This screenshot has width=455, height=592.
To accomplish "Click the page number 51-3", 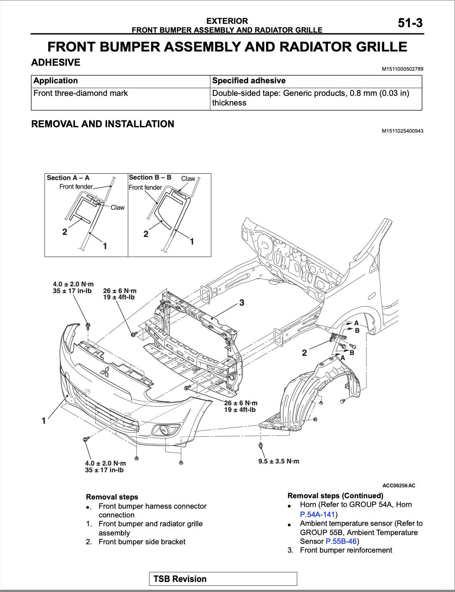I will click(x=410, y=23).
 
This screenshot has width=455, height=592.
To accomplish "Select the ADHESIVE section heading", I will click(x=56, y=62).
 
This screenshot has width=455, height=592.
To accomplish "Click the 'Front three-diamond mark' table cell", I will click(x=81, y=93).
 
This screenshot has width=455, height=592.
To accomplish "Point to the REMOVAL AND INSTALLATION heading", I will click(x=102, y=124).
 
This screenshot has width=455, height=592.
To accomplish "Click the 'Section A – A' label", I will click(x=68, y=178).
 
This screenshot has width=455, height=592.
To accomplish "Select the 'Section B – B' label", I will click(x=150, y=177).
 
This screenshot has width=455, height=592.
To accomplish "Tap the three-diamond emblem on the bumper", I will click(x=105, y=371).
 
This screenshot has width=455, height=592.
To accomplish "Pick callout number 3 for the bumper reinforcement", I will click(x=242, y=302).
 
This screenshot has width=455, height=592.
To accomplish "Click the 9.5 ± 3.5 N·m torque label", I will click(x=279, y=461).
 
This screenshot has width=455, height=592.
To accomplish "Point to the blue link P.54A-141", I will click(x=317, y=514).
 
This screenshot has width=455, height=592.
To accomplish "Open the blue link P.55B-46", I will click(x=341, y=541).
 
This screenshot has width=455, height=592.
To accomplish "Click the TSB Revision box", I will click(x=223, y=579).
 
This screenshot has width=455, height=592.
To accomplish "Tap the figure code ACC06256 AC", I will click(x=399, y=486).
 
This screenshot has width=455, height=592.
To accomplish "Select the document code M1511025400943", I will click(x=402, y=131).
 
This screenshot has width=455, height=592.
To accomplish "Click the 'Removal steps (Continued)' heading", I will click(x=335, y=496).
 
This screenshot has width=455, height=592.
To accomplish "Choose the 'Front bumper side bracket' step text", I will click(x=142, y=542).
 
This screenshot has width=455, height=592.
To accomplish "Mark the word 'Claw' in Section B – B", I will click(x=188, y=178).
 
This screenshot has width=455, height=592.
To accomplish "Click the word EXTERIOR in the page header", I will click(x=227, y=21).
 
